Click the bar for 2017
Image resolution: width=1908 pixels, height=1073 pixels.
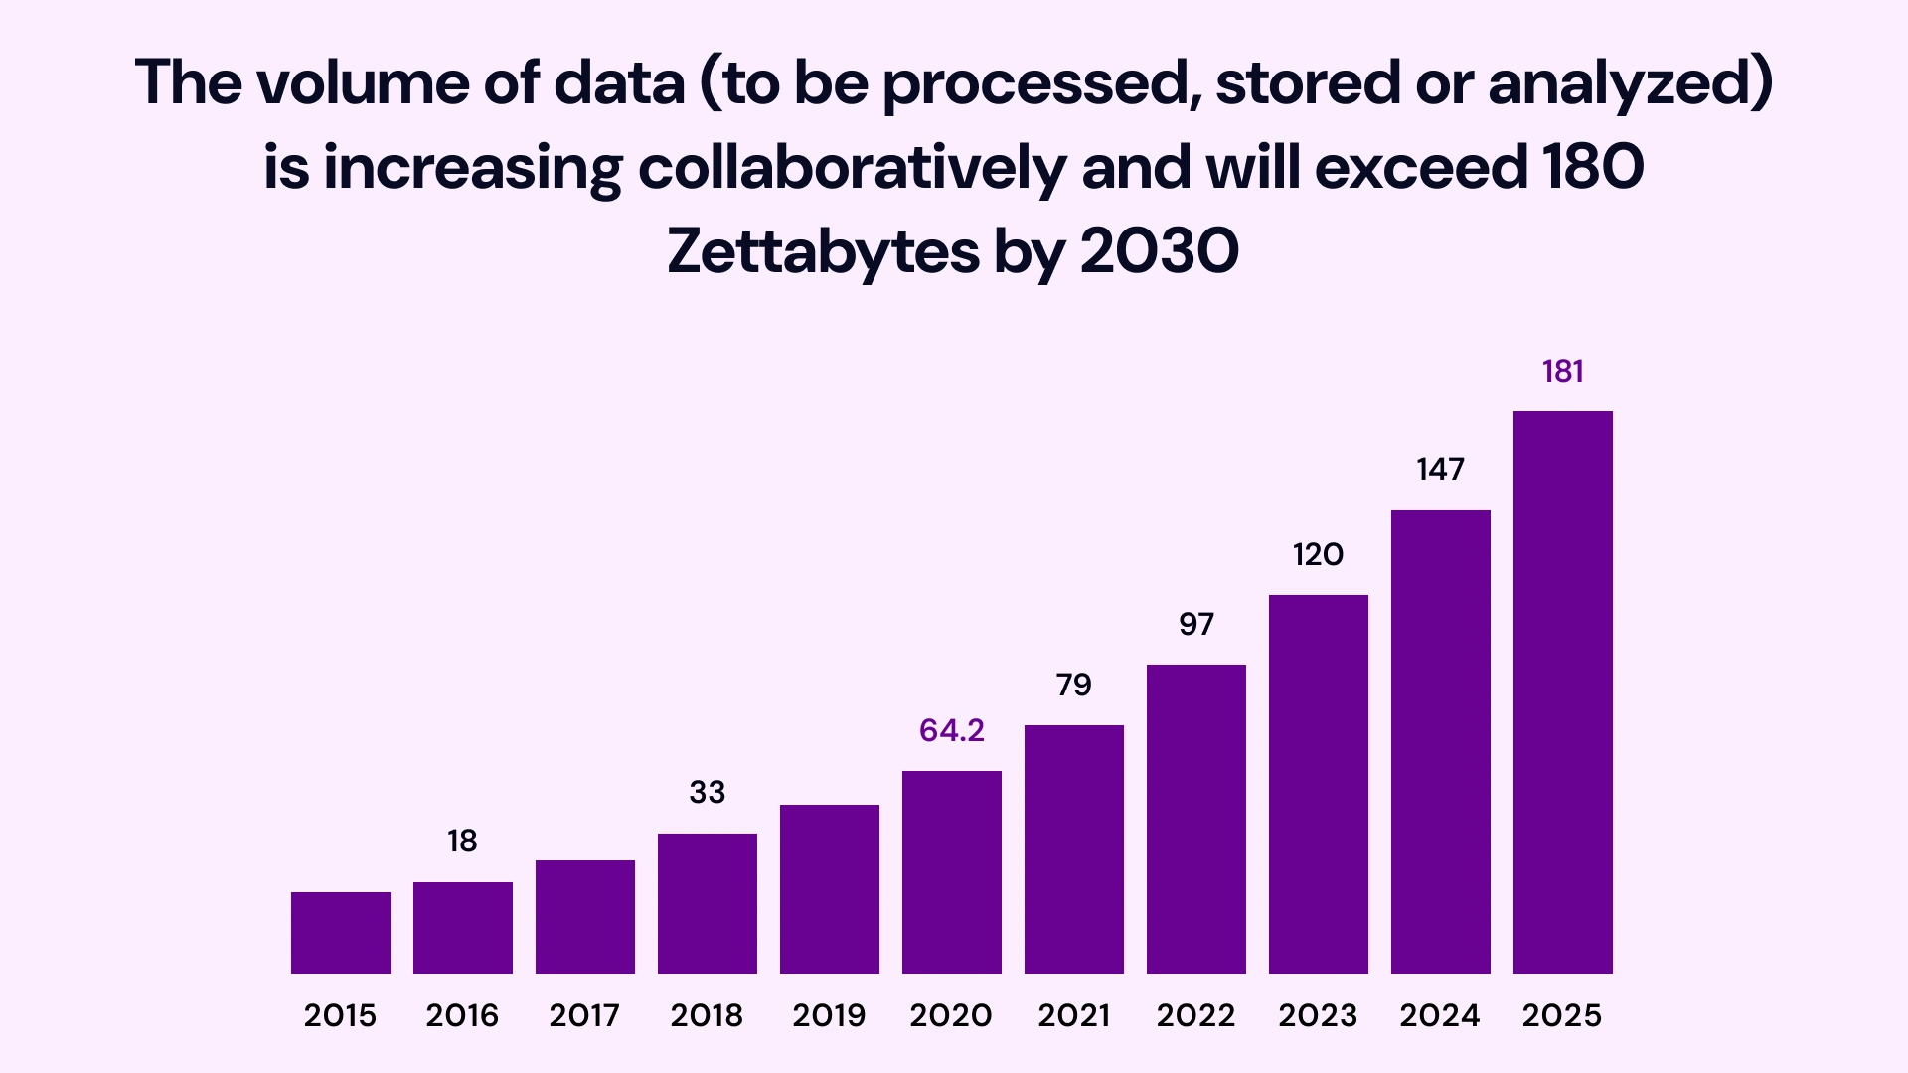584,916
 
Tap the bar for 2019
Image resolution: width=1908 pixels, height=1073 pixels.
829,888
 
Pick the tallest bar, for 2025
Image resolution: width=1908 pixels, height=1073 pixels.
1562,691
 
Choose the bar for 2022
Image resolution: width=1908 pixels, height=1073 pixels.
1195,819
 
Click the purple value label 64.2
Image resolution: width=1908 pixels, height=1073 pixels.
951,730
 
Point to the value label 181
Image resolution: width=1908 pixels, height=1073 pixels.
1562,372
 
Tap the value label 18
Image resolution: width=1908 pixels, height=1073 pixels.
462,842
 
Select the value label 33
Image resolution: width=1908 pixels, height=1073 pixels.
707,793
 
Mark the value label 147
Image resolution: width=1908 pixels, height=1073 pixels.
1440,469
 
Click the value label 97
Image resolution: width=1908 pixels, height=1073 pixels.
1195,624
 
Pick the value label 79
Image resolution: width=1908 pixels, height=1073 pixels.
1073,685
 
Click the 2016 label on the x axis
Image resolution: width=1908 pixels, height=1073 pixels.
462,1015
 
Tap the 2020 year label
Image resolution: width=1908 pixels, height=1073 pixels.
951,1015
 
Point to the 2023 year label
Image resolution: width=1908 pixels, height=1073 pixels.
1318,1015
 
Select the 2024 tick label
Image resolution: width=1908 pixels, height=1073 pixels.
1440,1015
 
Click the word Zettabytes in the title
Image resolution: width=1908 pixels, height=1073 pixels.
823,251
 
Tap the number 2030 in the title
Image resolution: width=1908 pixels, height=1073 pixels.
1159,251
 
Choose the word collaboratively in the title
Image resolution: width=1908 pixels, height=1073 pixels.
852,167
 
